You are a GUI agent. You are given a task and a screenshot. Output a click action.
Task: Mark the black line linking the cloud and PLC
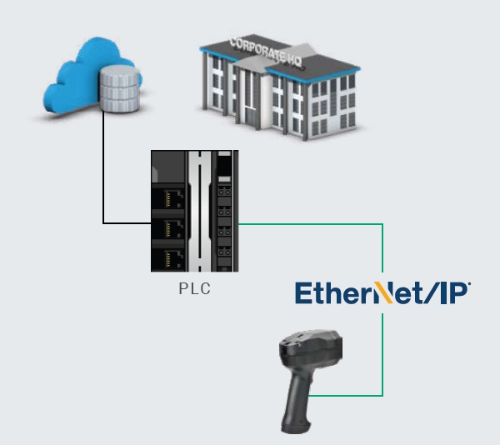tap(104, 183)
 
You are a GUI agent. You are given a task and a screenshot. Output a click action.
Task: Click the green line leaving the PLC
tap(308, 223)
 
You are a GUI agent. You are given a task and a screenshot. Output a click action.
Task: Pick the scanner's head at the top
tap(312, 345)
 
